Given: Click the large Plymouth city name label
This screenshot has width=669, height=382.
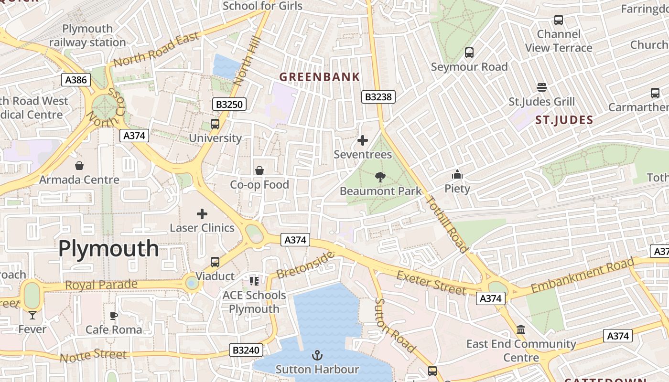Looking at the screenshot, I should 108,249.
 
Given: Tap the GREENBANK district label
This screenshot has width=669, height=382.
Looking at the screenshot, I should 319,77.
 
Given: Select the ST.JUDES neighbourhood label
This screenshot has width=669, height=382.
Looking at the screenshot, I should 564,120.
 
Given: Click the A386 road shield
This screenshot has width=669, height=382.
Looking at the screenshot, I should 76,79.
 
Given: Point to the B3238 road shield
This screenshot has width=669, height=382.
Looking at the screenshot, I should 378,97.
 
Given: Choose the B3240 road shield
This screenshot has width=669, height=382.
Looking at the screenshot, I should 246,350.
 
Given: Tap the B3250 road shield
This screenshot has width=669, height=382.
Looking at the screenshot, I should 229,104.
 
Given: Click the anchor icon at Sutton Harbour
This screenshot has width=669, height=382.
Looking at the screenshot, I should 317,355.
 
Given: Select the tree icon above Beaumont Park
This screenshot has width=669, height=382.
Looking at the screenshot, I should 380,178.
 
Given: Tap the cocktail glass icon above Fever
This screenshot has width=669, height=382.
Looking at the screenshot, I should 32,315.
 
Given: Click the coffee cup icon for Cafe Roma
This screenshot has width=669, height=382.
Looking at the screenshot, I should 114,316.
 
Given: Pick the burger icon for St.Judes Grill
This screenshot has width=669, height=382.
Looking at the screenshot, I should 541,87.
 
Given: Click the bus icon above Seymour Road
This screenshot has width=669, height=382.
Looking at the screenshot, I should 469,53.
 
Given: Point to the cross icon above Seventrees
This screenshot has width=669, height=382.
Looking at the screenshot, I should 363,140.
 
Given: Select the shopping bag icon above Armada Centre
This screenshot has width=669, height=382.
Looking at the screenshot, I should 79,166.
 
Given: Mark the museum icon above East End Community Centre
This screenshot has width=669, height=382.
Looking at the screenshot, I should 521,329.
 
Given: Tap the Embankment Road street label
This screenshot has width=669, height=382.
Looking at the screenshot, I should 583,275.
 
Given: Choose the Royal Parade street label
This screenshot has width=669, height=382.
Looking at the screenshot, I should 101,285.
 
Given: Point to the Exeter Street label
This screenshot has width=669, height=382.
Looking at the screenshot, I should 431,283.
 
